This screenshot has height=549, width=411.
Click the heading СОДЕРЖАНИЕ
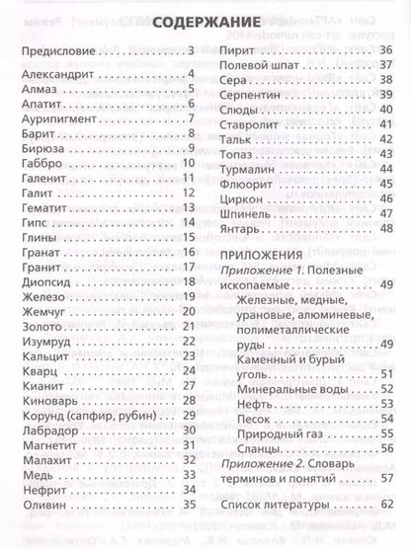205,21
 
